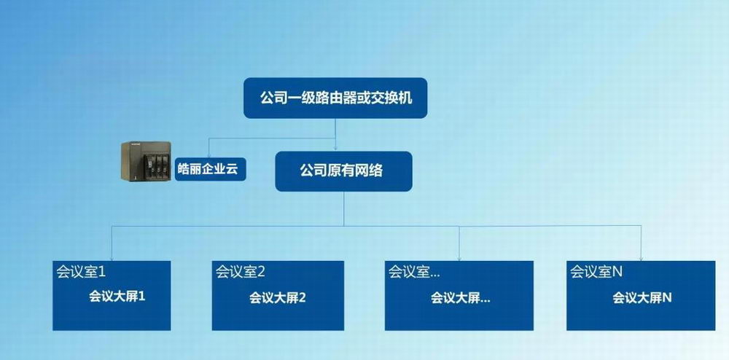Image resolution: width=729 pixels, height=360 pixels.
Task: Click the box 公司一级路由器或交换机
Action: (x=335, y=98)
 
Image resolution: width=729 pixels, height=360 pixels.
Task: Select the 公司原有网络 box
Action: (x=343, y=171)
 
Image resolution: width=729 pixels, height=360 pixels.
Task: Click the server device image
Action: (x=146, y=161)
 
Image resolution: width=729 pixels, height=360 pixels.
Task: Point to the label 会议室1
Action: (x=82, y=272)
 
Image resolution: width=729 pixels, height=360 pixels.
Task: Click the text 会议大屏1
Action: (x=117, y=297)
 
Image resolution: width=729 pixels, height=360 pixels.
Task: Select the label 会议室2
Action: (x=240, y=272)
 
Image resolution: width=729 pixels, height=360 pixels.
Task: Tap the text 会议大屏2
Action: (x=278, y=298)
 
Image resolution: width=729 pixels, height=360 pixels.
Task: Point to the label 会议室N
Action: (x=596, y=272)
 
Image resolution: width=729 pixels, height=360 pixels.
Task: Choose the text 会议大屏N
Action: (x=642, y=298)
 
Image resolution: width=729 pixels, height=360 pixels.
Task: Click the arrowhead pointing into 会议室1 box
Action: (x=112, y=258)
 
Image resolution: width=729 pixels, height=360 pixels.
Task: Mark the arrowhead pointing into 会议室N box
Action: (x=641, y=258)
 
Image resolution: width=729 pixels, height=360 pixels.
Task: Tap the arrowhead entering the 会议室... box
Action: (x=459, y=258)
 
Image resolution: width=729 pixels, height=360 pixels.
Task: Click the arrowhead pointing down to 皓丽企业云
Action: (x=208, y=156)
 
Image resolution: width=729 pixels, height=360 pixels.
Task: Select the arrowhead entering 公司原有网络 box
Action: (x=335, y=148)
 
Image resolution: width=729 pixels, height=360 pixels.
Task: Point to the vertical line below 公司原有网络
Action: (x=344, y=208)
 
